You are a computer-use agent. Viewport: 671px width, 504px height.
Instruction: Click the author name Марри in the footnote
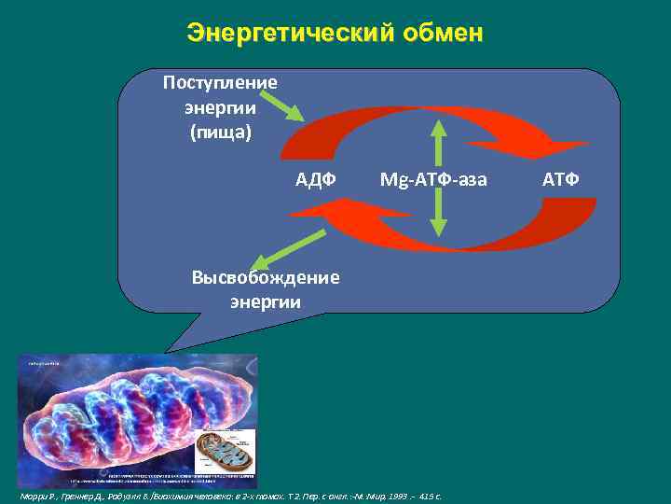click(34, 496)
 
